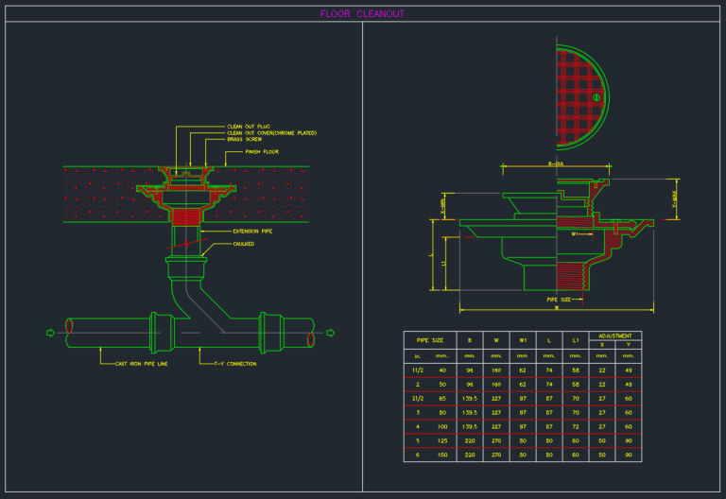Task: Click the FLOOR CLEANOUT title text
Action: coord(362,14)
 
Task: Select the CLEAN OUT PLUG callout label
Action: coord(249,126)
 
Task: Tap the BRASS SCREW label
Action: coord(244,139)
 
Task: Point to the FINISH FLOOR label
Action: coord(262,151)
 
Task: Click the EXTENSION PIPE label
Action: coord(252,231)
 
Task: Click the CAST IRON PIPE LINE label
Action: coord(142,363)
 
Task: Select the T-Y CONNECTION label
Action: coord(234,363)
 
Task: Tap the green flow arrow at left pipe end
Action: coord(51,333)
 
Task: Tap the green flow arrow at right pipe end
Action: coord(330,333)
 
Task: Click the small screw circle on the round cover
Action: coord(596,96)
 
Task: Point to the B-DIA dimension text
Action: coord(556,164)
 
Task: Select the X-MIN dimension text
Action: coord(443,205)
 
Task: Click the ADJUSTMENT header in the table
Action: coord(615,336)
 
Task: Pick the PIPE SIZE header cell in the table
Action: coord(430,339)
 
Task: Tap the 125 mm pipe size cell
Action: coord(442,440)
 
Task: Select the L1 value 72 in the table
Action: coord(576,426)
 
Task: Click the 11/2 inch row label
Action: coord(418,370)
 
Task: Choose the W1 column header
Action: coord(523,339)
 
